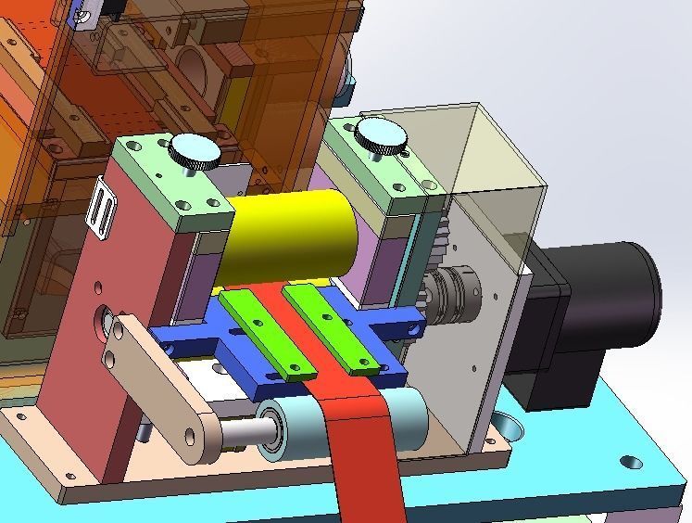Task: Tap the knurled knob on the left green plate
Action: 194,147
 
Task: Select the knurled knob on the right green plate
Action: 382,134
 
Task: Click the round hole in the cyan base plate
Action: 630,460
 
